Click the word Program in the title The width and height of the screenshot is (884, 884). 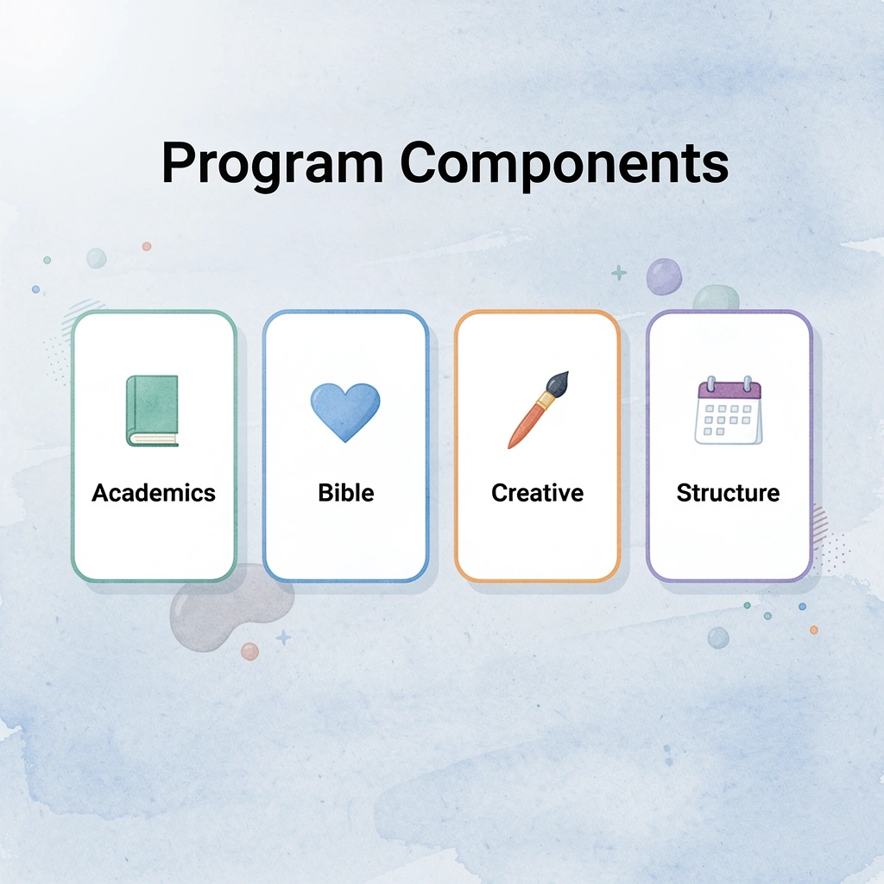click(x=272, y=164)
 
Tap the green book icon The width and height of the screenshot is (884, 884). click(x=153, y=411)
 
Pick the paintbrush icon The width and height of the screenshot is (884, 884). click(x=537, y=410)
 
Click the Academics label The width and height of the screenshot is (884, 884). click(x=154, y=493)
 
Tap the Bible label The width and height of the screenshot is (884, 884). click(x=345, y=493)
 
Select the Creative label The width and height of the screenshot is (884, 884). click(x=537, y=493)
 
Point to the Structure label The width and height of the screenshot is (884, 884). click(x=728, y=493)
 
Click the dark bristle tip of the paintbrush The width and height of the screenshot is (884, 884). click(x=558, y=382)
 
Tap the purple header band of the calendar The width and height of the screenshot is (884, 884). click(x=729, y=390)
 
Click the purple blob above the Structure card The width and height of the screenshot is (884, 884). click(x=664, y=275)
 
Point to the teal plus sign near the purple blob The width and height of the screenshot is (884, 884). click(x=619, y=274)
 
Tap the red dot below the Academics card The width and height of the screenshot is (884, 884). click(x=249, y=651)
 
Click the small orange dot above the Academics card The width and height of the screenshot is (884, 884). click(x=147, y=246)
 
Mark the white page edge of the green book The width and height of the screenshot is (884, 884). click(x=154, y=439)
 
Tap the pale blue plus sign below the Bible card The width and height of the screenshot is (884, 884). click(x=283, y=638)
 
